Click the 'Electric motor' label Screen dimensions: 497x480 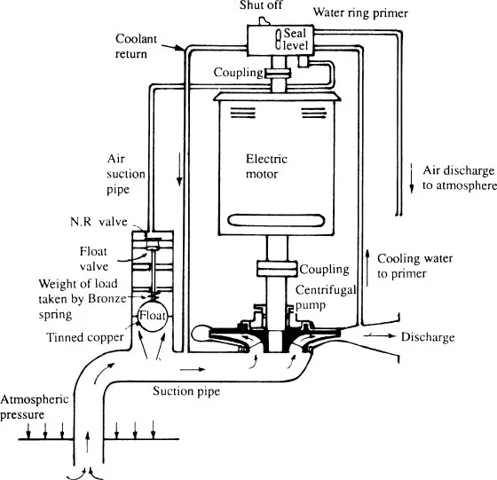tap(266, 166)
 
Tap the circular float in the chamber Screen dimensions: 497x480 tap(153, 316)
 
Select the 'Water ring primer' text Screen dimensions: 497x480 tap(360, 13)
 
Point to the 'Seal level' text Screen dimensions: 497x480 tap(296, 39)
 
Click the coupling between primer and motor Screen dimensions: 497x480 tap(277, 73)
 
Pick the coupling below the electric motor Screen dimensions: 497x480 tap(277, 269)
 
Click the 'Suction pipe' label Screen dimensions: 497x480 tap(186, 391)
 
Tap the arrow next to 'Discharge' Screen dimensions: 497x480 tap(380, 336)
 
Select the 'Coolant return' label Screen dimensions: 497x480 tap(136, 46)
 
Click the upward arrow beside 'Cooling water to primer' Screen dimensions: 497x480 tap(367, 268)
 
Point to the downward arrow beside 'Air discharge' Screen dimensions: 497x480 tap(412, 178)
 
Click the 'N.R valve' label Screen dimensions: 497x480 tap(99, 222)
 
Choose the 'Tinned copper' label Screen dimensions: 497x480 tap(85, 337)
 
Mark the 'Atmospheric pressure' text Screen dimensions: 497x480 tap(35, 407)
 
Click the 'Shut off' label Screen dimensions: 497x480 tap(261, 5)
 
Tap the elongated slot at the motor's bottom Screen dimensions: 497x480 tap(276, 221)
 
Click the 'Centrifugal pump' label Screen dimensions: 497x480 tap(326, 297)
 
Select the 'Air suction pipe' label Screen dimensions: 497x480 tap(126, 174)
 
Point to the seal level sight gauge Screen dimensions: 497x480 tap(278, 39)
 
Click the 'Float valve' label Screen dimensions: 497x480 tap(94, 259)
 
